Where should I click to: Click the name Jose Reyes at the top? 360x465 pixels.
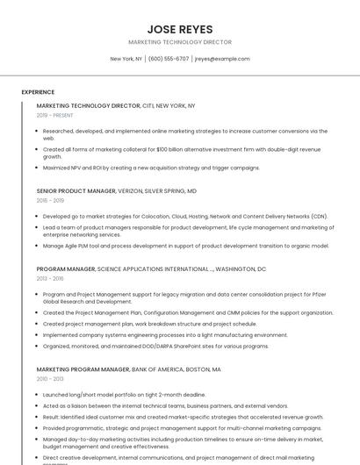(180, 29)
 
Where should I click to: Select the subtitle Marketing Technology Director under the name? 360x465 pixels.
(180, 42)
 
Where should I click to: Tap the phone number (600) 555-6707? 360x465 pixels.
(169, 59)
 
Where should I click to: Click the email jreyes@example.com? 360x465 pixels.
(222, 59)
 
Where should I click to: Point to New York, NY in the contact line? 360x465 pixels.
(126, 59)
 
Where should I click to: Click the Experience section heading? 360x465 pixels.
(38, 92)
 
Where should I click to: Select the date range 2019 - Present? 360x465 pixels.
(54, 115)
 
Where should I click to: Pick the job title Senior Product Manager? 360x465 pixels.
(76, 190)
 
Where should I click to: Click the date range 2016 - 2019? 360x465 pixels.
(50, 200)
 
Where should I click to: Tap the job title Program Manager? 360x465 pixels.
(66, 269)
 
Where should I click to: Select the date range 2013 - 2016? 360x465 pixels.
(50, 279)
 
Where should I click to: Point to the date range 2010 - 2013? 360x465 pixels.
(50, 380)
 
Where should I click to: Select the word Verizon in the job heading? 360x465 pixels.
(130, 190)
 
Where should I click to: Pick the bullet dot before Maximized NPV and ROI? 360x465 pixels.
(38, 168)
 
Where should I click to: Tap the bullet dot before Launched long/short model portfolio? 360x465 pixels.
(38, 395)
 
